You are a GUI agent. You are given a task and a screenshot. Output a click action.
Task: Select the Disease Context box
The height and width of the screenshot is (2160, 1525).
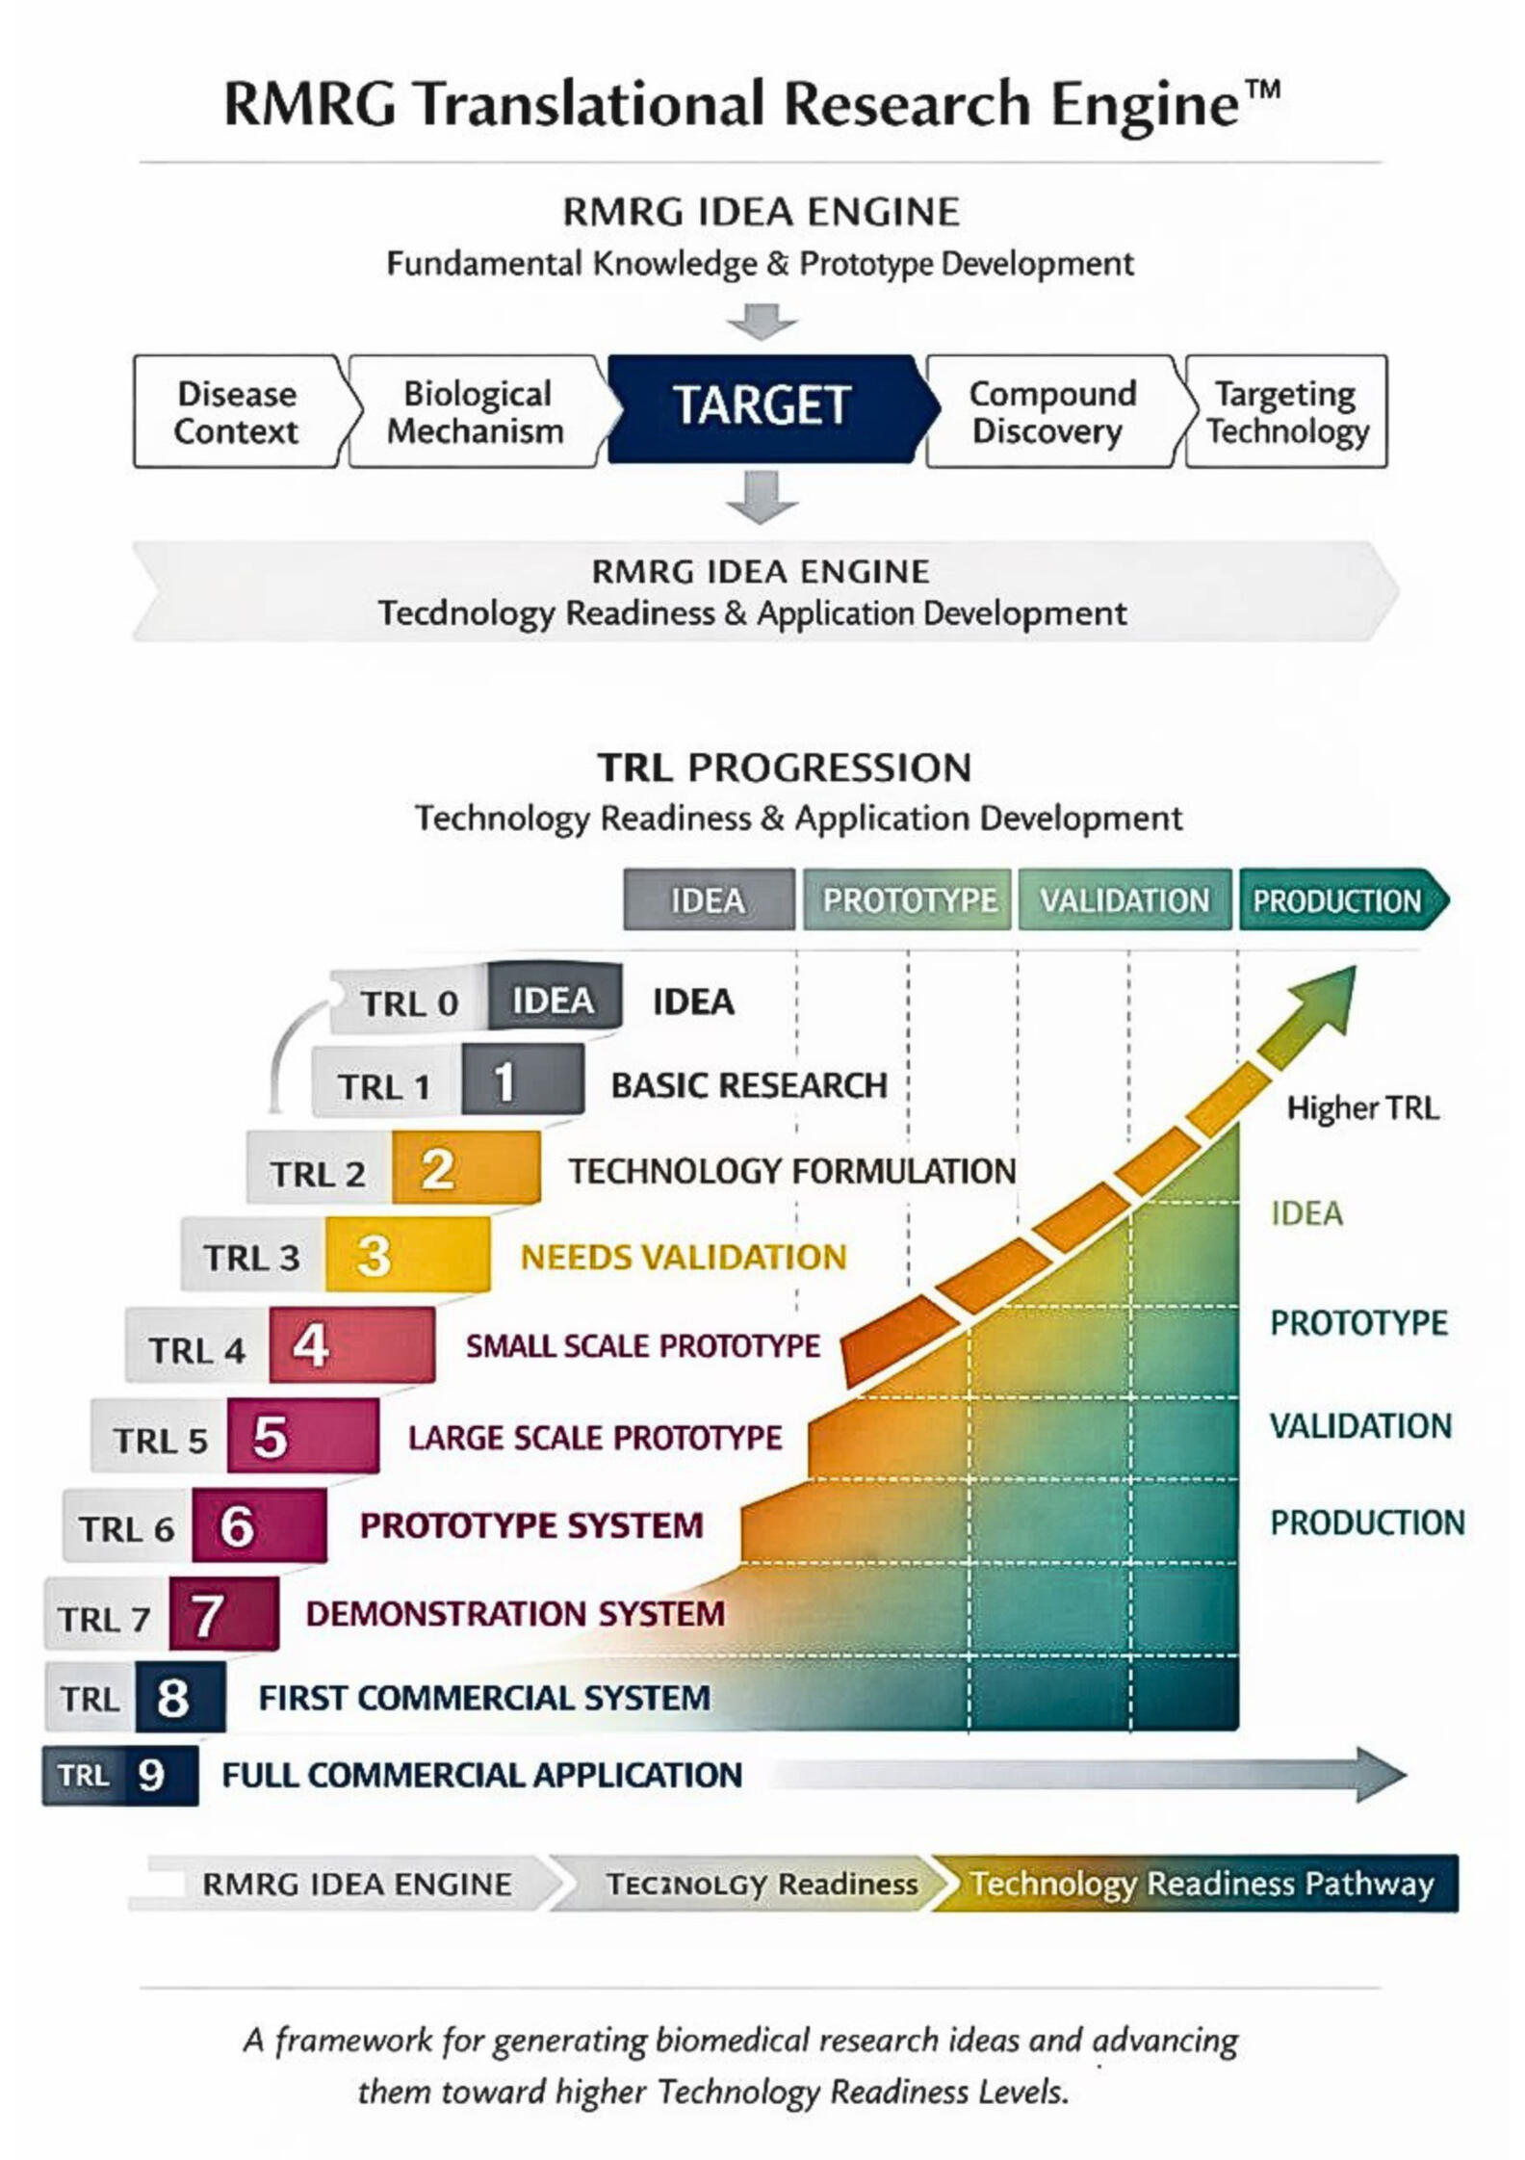point(236,412)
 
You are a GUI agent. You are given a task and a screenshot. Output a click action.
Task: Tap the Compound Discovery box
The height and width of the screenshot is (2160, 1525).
point(1050,412)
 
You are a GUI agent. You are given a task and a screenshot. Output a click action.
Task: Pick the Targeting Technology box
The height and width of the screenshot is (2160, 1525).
point(1286,412)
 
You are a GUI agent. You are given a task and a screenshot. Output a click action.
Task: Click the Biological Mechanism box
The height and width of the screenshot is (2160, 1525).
point(476,412)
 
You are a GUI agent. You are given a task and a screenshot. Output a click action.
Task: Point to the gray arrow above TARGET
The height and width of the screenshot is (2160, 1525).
point(762,322)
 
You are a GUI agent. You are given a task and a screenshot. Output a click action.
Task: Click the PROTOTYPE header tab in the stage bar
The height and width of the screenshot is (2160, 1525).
point(908,899)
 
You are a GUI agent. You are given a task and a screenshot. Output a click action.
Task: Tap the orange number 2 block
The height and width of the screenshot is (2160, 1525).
point(465,1168)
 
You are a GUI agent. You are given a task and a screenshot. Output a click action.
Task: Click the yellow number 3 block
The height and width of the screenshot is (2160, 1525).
point(406,1255)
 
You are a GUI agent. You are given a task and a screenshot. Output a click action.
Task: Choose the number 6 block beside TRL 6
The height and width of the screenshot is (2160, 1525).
point(258,1525)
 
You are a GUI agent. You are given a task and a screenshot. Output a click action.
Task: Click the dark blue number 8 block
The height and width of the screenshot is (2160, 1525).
point(179,1697)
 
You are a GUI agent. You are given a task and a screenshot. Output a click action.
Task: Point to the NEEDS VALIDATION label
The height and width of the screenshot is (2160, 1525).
point(683,1257)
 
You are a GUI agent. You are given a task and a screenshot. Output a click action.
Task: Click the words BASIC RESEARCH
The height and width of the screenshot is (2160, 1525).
point(748,1085)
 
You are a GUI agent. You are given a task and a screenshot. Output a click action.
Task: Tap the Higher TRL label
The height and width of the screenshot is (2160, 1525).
point(1362,1107)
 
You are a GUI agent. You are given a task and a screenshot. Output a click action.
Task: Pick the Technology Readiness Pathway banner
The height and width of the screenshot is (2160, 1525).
point(1199,1883)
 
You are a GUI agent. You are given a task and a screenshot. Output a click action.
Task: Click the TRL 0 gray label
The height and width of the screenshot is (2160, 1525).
point(408,1002)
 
